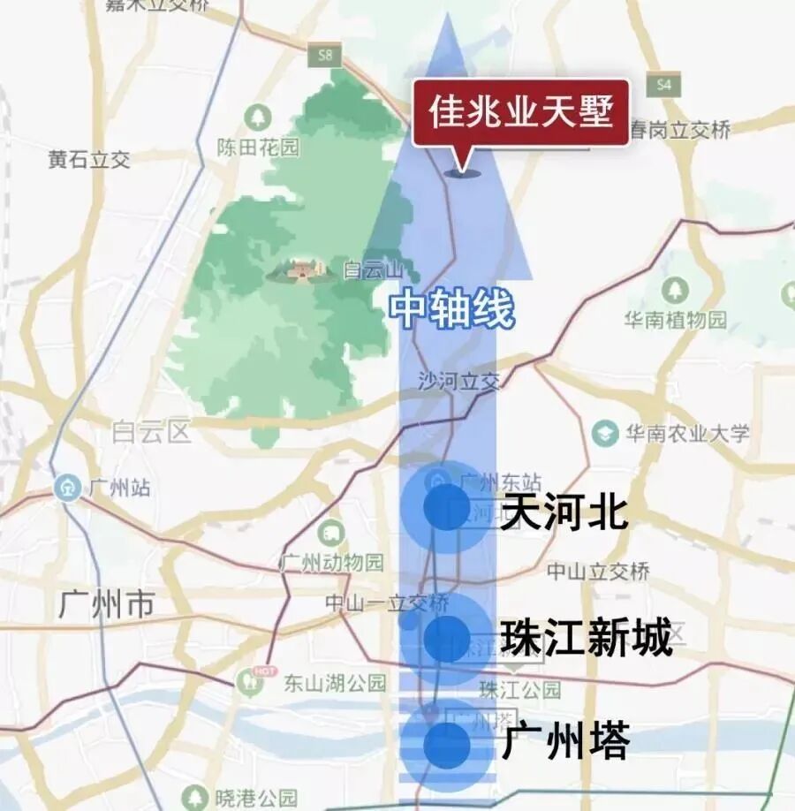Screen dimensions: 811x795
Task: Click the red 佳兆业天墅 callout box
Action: [521, 113]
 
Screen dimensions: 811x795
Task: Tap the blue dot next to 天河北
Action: [447, 507]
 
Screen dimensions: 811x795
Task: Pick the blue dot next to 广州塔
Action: [447, 746]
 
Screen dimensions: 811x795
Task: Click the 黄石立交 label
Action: [89, 159]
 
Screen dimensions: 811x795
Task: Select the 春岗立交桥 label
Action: [680, 131]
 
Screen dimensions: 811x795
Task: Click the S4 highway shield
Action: [662, 85]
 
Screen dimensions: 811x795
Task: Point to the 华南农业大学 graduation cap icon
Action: [605, 433]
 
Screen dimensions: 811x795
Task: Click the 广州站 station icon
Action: [67, 487]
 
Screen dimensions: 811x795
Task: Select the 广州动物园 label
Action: [332, 562]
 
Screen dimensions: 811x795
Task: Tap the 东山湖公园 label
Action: [335, 683]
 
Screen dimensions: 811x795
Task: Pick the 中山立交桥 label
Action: [598, 571]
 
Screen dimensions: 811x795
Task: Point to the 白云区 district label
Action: [151, 432]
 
